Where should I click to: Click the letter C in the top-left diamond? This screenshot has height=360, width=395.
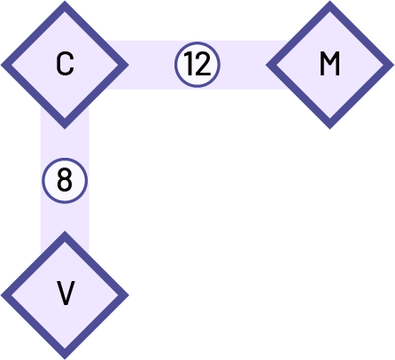(65, 64)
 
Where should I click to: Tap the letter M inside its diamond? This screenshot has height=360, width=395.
(329, 64)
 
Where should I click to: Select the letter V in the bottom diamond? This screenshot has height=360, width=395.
(65, 293)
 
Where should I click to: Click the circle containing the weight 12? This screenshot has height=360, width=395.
(197, 65)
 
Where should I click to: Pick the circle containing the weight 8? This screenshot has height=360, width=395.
(65, 181)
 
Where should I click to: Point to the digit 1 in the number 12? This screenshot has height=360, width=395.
(190, 65)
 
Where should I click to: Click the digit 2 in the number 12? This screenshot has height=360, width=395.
(204, 65)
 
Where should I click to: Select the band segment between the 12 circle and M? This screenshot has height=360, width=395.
(244, 65)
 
